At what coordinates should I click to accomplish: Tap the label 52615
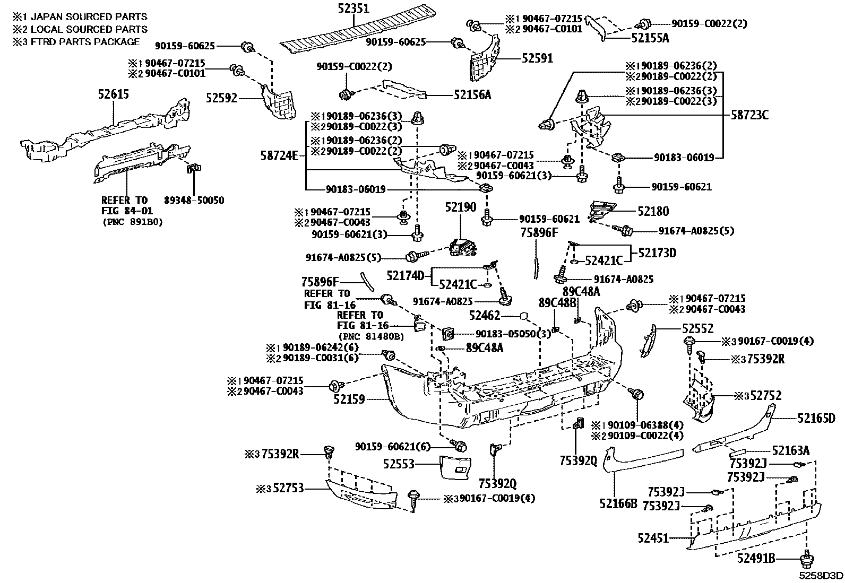pyautogui.click(x=113, y=95)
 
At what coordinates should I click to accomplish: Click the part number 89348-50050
pyautogui.click(x=194, y=201)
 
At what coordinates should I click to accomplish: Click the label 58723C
pyautogui.click(x=749, y=115)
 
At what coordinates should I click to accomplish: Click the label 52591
pyautogui.click(x=537, y=58)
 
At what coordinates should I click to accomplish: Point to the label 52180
pyautogui.click(x=653, y=211)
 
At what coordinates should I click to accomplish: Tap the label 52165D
pyautogui.click(x=816, y=419)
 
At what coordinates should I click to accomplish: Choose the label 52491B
pyautogui.click(x=756, y=558)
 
